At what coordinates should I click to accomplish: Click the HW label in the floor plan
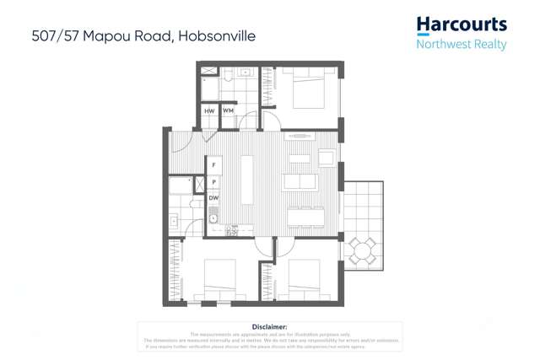coord(209,111)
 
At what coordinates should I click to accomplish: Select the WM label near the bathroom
coord(228,111)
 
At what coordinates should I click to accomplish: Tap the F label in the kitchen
coord(213,164)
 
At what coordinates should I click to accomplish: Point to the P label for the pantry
coord(213,181)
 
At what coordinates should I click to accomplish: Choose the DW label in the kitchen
coord(213,198)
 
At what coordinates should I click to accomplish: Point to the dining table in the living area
coord(305,218)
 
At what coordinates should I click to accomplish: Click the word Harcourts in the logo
coord(462,25)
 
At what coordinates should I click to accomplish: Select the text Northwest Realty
coord(462,44)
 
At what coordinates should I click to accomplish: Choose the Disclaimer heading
coord(270,326)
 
